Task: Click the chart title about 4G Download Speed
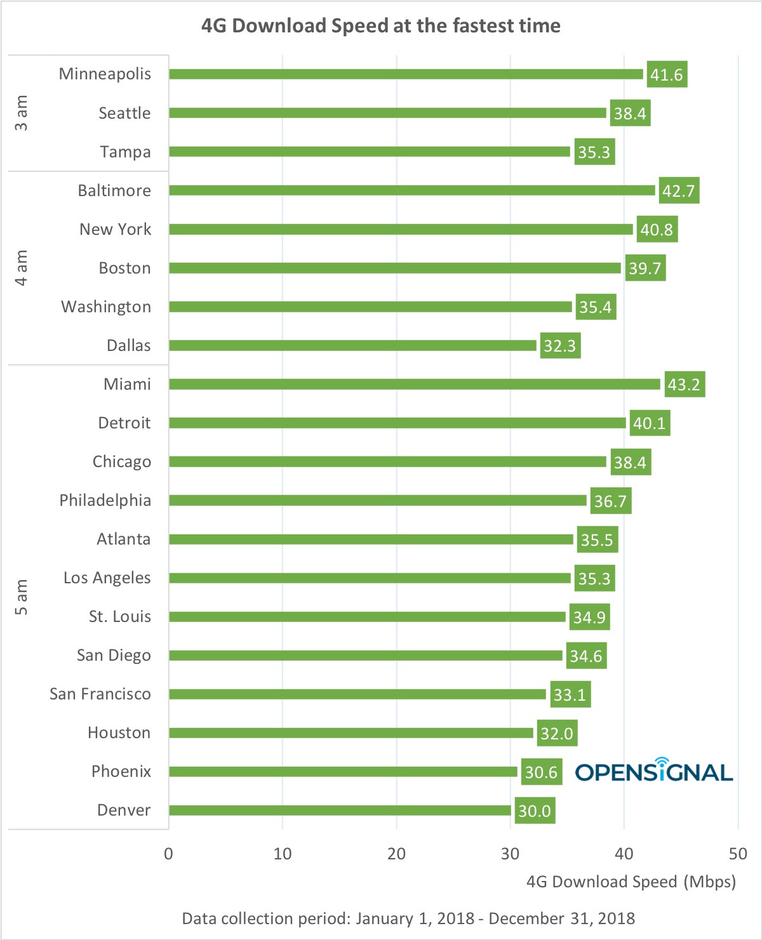[x=380, y=26]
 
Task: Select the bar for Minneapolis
[x=406, y=74]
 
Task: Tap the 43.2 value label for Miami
[x=685, y=385]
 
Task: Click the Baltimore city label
[x=114, y=190]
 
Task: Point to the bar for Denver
[x=340, y=811]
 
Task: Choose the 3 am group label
[x=22, y=113]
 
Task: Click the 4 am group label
[x=22, y=268]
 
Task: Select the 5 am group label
[x=22, y=597]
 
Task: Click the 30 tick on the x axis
[x=510, y=854]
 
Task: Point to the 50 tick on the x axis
[x=738, y=854]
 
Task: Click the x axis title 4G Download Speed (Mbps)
[x=631, y=882]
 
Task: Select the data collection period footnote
[x=408, y=918]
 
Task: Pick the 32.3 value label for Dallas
[x=560, y=346]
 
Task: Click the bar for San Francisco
[x=357, y=694]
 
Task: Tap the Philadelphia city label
[x=105, y=500]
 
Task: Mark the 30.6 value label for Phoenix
[x=541, y=772]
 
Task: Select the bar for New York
[x=401, y=229]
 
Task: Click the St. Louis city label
[x=120, y=616]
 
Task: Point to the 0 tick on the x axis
[x=168, y=854]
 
